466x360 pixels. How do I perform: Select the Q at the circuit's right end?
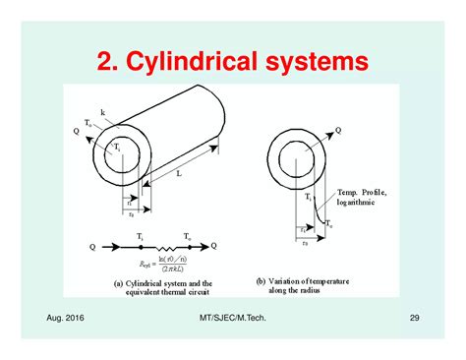[214, 246]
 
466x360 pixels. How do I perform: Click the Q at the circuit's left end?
[91, 246]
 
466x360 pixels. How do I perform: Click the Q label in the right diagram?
[367, 129]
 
